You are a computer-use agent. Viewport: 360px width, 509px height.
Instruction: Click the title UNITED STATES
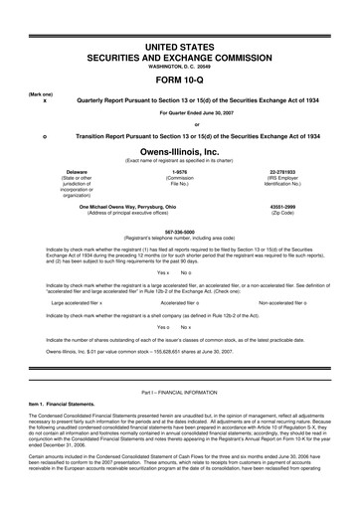(x=180, y=47)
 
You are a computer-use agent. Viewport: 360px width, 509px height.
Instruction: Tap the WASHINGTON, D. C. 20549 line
(x=180, y=68)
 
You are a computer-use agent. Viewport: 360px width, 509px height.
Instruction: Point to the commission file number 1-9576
(x=180, y=172)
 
